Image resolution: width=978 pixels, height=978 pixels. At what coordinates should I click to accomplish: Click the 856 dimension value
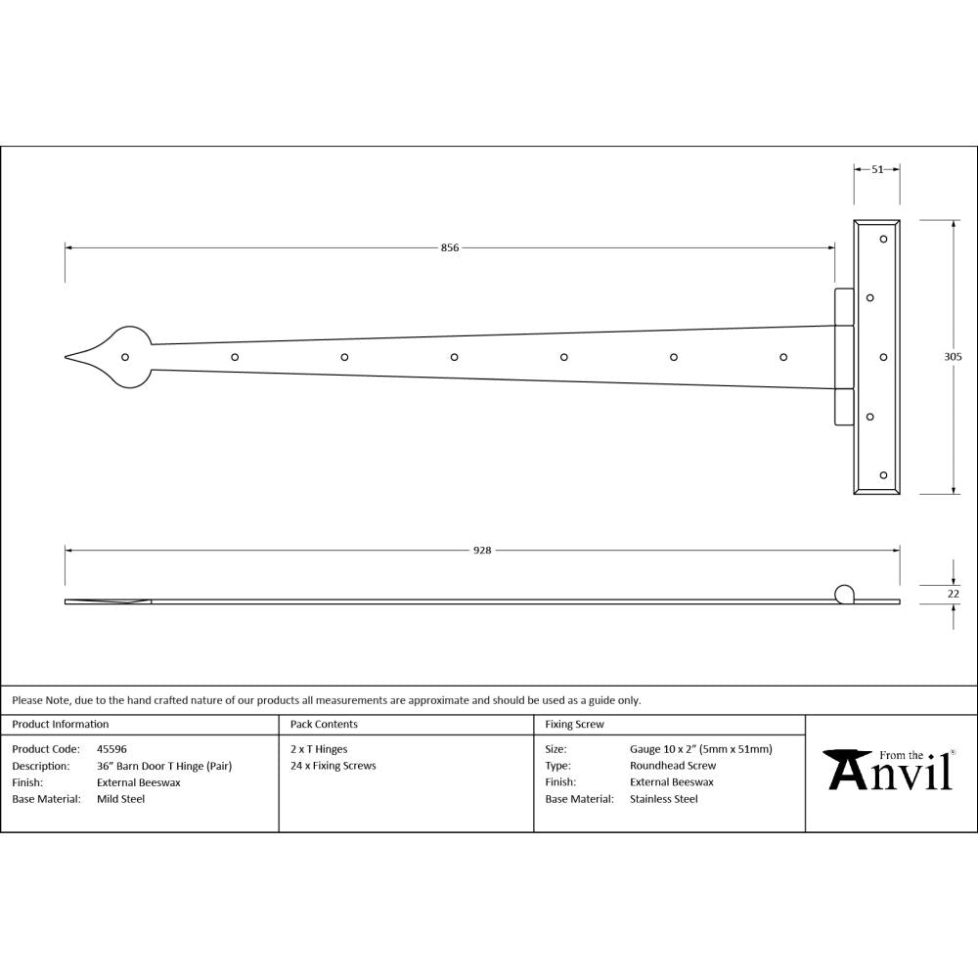pos(450,248)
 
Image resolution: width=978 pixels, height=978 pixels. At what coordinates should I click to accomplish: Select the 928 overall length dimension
pos(481,551)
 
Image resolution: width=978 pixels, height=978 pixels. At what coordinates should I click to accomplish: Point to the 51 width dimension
pos(876,169)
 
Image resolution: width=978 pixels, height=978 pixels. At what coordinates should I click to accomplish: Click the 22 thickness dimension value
pos(955,594)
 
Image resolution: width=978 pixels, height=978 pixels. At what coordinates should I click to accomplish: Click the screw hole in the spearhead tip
pos(125,357)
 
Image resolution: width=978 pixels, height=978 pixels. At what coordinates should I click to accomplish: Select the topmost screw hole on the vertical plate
pos(883,238)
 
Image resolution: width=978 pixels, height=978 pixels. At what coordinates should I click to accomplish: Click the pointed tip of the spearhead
pos(67,357)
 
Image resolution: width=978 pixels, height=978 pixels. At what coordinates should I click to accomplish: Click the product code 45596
pos(111,749)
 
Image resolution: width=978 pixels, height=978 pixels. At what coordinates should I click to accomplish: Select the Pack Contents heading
pos(324,725)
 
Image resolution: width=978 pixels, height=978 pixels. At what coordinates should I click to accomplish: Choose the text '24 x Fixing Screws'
pos(333,766)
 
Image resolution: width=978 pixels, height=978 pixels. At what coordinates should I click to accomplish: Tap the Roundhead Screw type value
pos(673,766)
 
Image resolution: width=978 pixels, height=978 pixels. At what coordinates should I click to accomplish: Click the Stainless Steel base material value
pos(664,799)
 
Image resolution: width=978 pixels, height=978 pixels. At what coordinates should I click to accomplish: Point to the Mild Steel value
pos(120,799)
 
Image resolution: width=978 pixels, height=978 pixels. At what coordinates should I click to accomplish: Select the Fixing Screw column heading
pos(574,725)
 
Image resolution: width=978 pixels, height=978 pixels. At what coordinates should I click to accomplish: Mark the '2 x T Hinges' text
pos(319,749)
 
